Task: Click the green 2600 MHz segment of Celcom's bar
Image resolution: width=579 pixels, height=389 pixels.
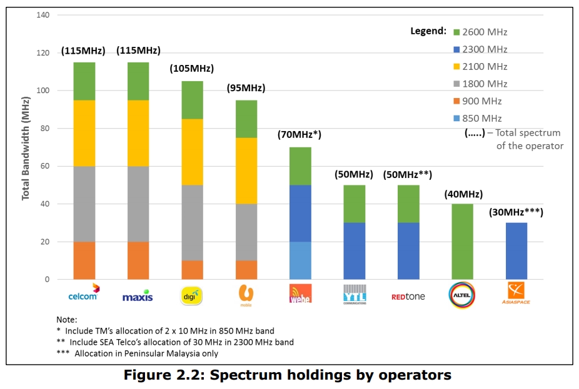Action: [84, 81]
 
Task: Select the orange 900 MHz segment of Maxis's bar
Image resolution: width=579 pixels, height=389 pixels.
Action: [138, 260]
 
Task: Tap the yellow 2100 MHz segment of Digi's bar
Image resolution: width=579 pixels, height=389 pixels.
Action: [192, 152]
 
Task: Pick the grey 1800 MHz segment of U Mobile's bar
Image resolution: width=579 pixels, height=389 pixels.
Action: [246, 232]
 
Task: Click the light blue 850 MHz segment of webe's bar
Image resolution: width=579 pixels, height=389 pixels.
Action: [300, 260]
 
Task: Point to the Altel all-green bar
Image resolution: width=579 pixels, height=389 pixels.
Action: [463, 242]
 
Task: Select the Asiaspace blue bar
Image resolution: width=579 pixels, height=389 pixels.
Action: [516, 251]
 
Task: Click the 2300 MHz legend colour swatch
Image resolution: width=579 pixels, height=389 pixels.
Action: [457, 49]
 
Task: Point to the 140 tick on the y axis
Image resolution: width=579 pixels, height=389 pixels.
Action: [43, 15]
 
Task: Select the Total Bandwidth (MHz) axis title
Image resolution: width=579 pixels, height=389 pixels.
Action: [26, 148]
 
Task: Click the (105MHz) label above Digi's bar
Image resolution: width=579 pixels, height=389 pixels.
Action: [191, 69]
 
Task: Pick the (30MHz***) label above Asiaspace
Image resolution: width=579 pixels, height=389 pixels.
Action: [516, 212]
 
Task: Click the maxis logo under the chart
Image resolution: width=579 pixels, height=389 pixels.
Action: [138, 295]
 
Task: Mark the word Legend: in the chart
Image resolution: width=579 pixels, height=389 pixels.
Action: [428, 31]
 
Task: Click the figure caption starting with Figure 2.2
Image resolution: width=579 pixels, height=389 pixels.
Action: [289, 375]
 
